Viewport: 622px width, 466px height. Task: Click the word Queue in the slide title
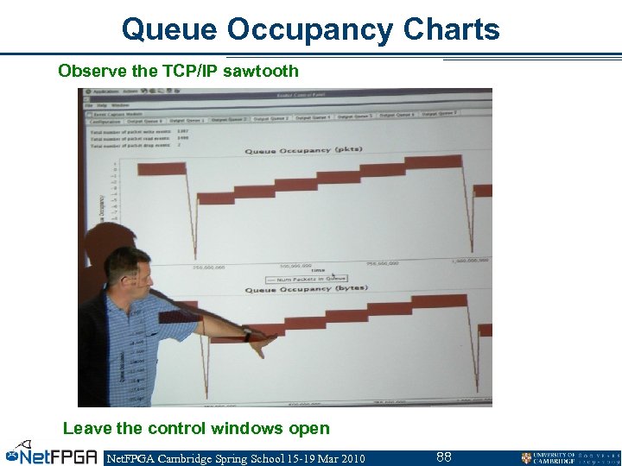click(169, 29)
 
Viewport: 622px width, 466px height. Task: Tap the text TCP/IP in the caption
click(190, 71)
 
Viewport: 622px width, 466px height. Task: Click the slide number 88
click(444, 457)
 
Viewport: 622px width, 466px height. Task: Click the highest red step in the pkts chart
click(432, 161)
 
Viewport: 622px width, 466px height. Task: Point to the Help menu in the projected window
click(101, 104)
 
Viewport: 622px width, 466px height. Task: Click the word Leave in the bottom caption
click(85, 428)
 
